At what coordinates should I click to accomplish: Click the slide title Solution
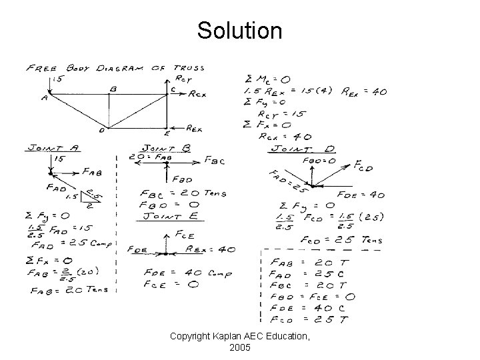pyautogui.click(x=239, y=30)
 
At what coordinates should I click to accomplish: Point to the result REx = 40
pyautogui.click(x=364, y=91)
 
